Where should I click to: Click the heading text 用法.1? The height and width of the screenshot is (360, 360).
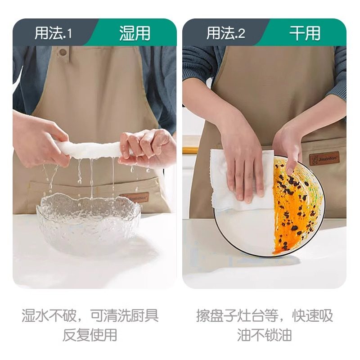[53, 34]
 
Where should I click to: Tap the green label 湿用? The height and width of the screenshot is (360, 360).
[135, 34]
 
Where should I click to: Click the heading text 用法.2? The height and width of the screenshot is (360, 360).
[225, 34]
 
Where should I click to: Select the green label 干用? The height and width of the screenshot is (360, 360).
[305, 34]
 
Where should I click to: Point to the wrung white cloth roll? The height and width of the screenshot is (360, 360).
[92, 149]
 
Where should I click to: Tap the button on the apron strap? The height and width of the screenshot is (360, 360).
[63, 52]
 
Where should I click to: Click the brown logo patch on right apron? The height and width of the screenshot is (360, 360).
[323, 159]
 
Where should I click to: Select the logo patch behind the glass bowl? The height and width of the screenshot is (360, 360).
[134, 198]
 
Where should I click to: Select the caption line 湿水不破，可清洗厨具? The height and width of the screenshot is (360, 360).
[90, 315]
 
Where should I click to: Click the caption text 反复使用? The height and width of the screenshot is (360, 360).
[90, 335]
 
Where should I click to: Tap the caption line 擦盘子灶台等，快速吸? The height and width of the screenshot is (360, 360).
[265, 315]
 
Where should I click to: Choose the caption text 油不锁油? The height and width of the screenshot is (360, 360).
[265, 335]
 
